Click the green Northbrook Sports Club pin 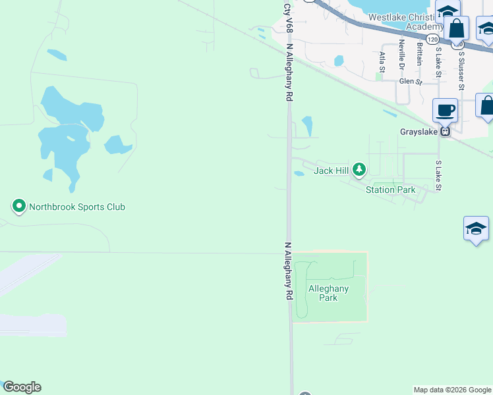point(19,207)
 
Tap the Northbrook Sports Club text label point(76,207)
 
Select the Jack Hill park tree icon point(359,171)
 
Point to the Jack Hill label point(331,171)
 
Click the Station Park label point(391,190)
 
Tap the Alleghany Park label point(328,293)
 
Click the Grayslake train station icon point(446,132)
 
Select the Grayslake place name point(419,132)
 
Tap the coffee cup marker point(446,109)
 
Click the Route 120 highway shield point(432,39)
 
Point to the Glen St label point(411,82)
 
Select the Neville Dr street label point(401,55)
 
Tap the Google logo point(22,387)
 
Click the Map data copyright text point(452,390)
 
